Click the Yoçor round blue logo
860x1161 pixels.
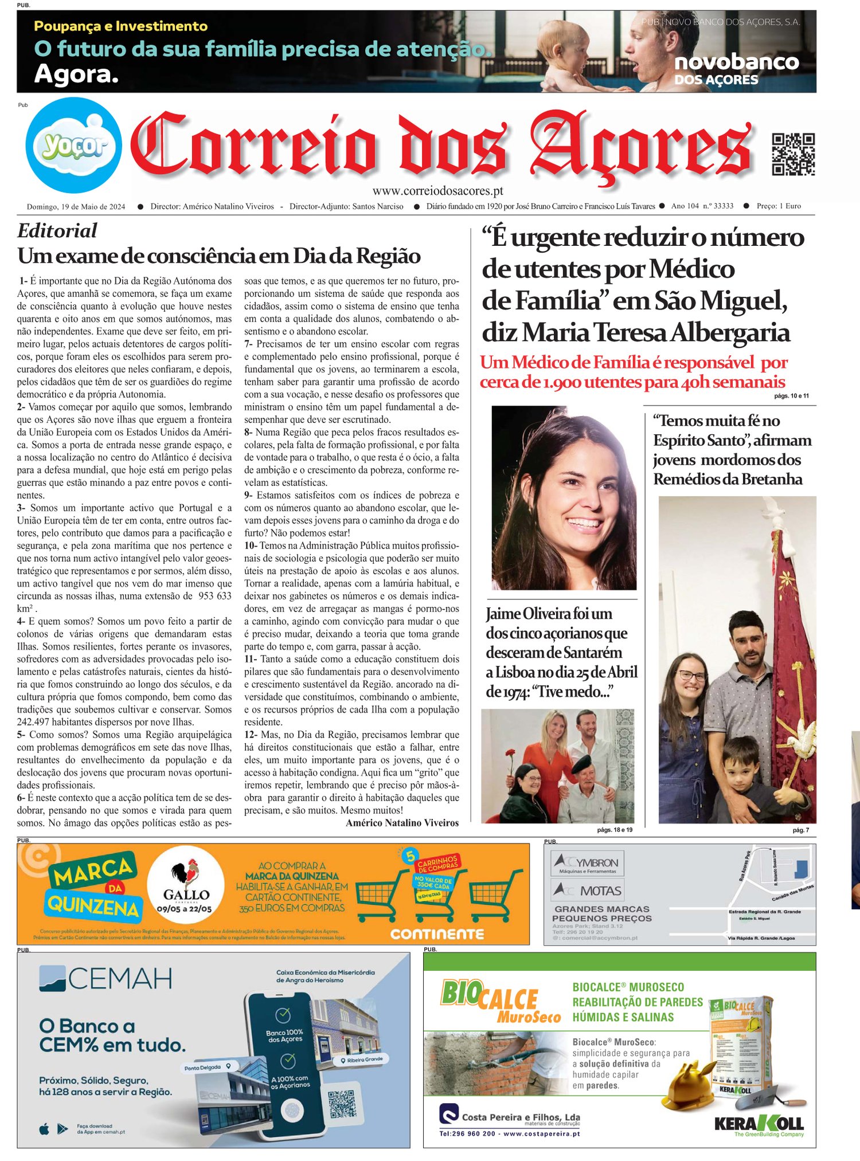tap(73, 146)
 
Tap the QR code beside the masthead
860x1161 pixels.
tap(793, 154)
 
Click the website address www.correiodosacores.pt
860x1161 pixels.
tap(437, 191)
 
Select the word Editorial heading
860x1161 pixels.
tap(57, 230)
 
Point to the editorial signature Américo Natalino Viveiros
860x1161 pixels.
tap(402, 823)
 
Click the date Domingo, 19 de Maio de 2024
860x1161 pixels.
tap(76, 207)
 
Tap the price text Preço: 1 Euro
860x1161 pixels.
tap(779, 206)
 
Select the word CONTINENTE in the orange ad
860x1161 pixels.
tap(437, 934)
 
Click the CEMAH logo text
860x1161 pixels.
tap(106, 979)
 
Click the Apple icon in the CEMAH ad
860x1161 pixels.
tap(44, 1129)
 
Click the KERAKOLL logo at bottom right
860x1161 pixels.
tap(759, 1123)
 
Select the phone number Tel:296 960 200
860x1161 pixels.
tap(467, 1133)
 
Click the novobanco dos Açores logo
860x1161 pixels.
tap(736, 69)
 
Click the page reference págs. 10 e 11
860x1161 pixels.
tap(791, 396)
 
